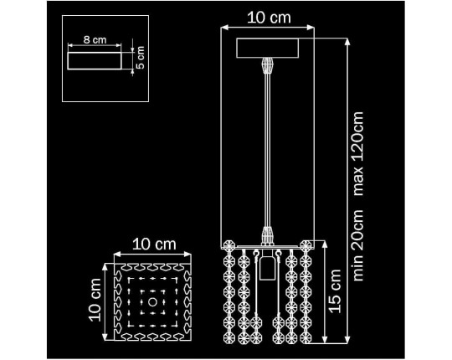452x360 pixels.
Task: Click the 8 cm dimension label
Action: click(x=95, y=40)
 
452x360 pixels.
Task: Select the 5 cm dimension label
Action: click(x=140, y=58)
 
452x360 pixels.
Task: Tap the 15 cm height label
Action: click(x=336, y=291)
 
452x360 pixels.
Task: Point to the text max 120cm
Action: click(x=358, y=153)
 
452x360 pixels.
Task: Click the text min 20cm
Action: click(x=358, y=245)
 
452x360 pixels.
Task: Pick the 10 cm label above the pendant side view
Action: click(x=269, y=18)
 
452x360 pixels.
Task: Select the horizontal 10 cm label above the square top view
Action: click(x=154, y=244)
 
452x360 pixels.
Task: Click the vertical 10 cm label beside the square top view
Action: click(x=95, y=300)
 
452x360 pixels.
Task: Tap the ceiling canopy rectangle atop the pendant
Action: click(x=268, y=48)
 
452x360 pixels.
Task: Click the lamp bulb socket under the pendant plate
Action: click(x=266, y=265)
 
